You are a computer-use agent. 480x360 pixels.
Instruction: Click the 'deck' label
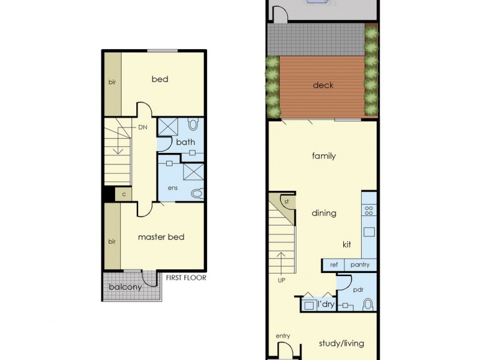[x=323, y=85]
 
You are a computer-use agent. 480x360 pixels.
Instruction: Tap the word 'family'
[x=324, y=156]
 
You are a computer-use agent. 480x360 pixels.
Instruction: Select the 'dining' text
[x=324, y=213]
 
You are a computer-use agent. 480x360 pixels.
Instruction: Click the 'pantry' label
[x=361, y=265]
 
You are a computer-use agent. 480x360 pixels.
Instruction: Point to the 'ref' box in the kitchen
[x=334, y=265]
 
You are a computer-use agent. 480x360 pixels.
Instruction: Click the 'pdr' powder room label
[x=359, y=289]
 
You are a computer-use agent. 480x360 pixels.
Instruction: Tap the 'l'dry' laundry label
[x=326, y=304]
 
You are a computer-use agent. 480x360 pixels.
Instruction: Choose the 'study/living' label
[x=341, y=344]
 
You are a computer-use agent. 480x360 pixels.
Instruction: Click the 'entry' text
[x=283, y=336]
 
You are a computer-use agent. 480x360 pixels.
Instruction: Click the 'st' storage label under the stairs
[x=287, y=202]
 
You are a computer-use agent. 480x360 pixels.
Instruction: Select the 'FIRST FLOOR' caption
[x=186, y=278]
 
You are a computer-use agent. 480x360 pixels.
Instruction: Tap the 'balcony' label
[x=125, y=287]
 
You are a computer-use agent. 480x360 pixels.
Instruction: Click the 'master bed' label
[x=161, y=237]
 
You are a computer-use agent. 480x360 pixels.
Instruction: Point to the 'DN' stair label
[x=143, y=127]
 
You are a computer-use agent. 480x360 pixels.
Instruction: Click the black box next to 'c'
[x=109, y=194]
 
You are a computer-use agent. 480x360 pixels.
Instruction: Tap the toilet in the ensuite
[x=196, y=193]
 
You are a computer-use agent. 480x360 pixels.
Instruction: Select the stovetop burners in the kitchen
[x=369, y=211]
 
